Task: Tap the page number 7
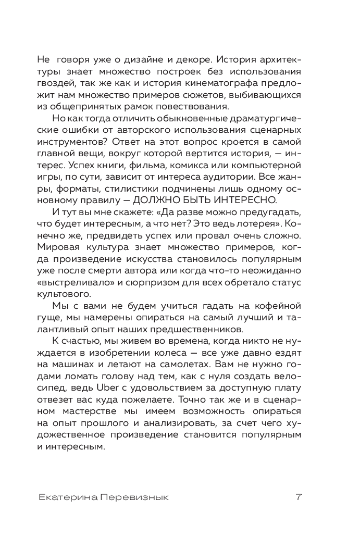299,497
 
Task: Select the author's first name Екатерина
68,497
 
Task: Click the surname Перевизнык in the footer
136,497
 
